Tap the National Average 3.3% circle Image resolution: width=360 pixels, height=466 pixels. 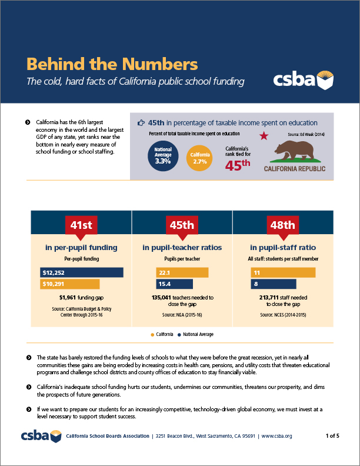162,155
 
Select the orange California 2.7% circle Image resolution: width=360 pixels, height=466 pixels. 199,156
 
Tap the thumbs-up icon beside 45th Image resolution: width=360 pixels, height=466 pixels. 141,123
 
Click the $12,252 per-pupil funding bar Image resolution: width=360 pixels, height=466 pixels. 82,272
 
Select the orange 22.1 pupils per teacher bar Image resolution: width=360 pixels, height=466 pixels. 182,272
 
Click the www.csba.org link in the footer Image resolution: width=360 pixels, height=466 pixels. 276,436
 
